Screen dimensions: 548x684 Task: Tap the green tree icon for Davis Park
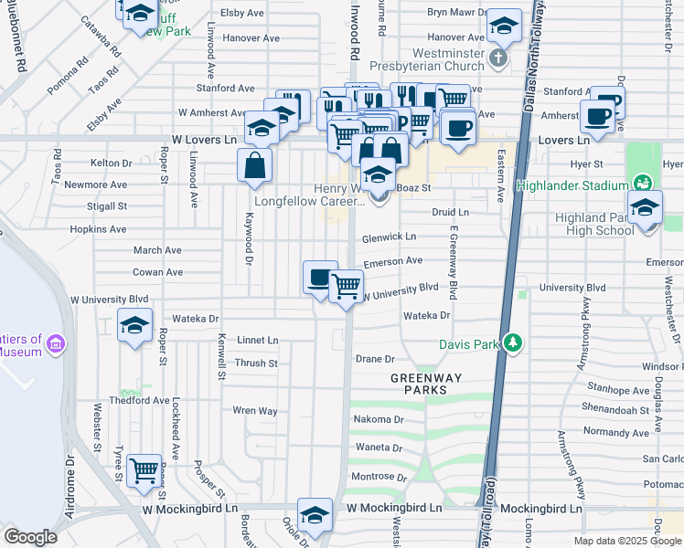[515, 343]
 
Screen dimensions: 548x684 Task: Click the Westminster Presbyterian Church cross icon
[497, 59]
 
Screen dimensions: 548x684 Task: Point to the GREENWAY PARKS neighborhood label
[419, 383]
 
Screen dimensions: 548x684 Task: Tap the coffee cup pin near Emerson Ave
[320, 277]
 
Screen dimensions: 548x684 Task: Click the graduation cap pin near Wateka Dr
[134, 326]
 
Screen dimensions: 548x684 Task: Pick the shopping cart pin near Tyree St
[144, 471]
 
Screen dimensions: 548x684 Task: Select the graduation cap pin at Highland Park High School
[645, 207]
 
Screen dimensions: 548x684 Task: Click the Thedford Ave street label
[139, 400]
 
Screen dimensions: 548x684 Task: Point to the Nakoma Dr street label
[379, 419]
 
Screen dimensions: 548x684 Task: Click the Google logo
[31, 537]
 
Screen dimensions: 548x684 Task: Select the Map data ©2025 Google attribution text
[627, 541]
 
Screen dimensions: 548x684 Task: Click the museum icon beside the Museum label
[56, 343]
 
